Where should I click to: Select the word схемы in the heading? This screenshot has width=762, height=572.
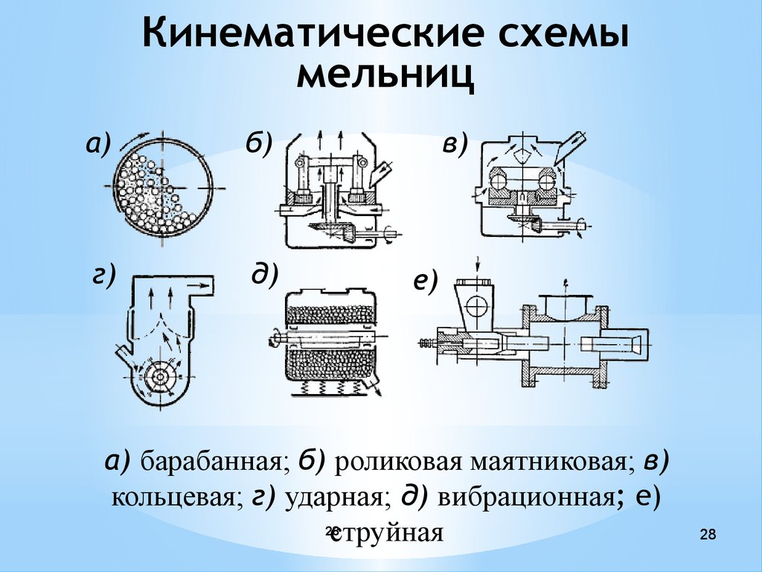pos(564,33)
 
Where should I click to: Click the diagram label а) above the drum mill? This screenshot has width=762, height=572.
pos(98,145)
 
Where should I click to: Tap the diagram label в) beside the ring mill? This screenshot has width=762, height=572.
pos(455,144)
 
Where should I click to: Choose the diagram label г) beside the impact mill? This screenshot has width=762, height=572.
pos(104,276)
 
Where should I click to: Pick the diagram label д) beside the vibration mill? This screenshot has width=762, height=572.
pos(266,274)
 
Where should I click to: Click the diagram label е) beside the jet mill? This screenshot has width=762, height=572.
pos(426,282)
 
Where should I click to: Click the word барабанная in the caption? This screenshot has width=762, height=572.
pos(211,461)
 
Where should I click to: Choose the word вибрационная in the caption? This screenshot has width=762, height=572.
pos(525,497)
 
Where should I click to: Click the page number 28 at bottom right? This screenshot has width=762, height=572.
pos(708,535)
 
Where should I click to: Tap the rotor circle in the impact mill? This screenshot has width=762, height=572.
pos(159,376)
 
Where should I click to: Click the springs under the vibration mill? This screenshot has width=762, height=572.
pos(329,387)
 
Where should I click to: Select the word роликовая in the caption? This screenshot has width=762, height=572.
pos(399,462)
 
